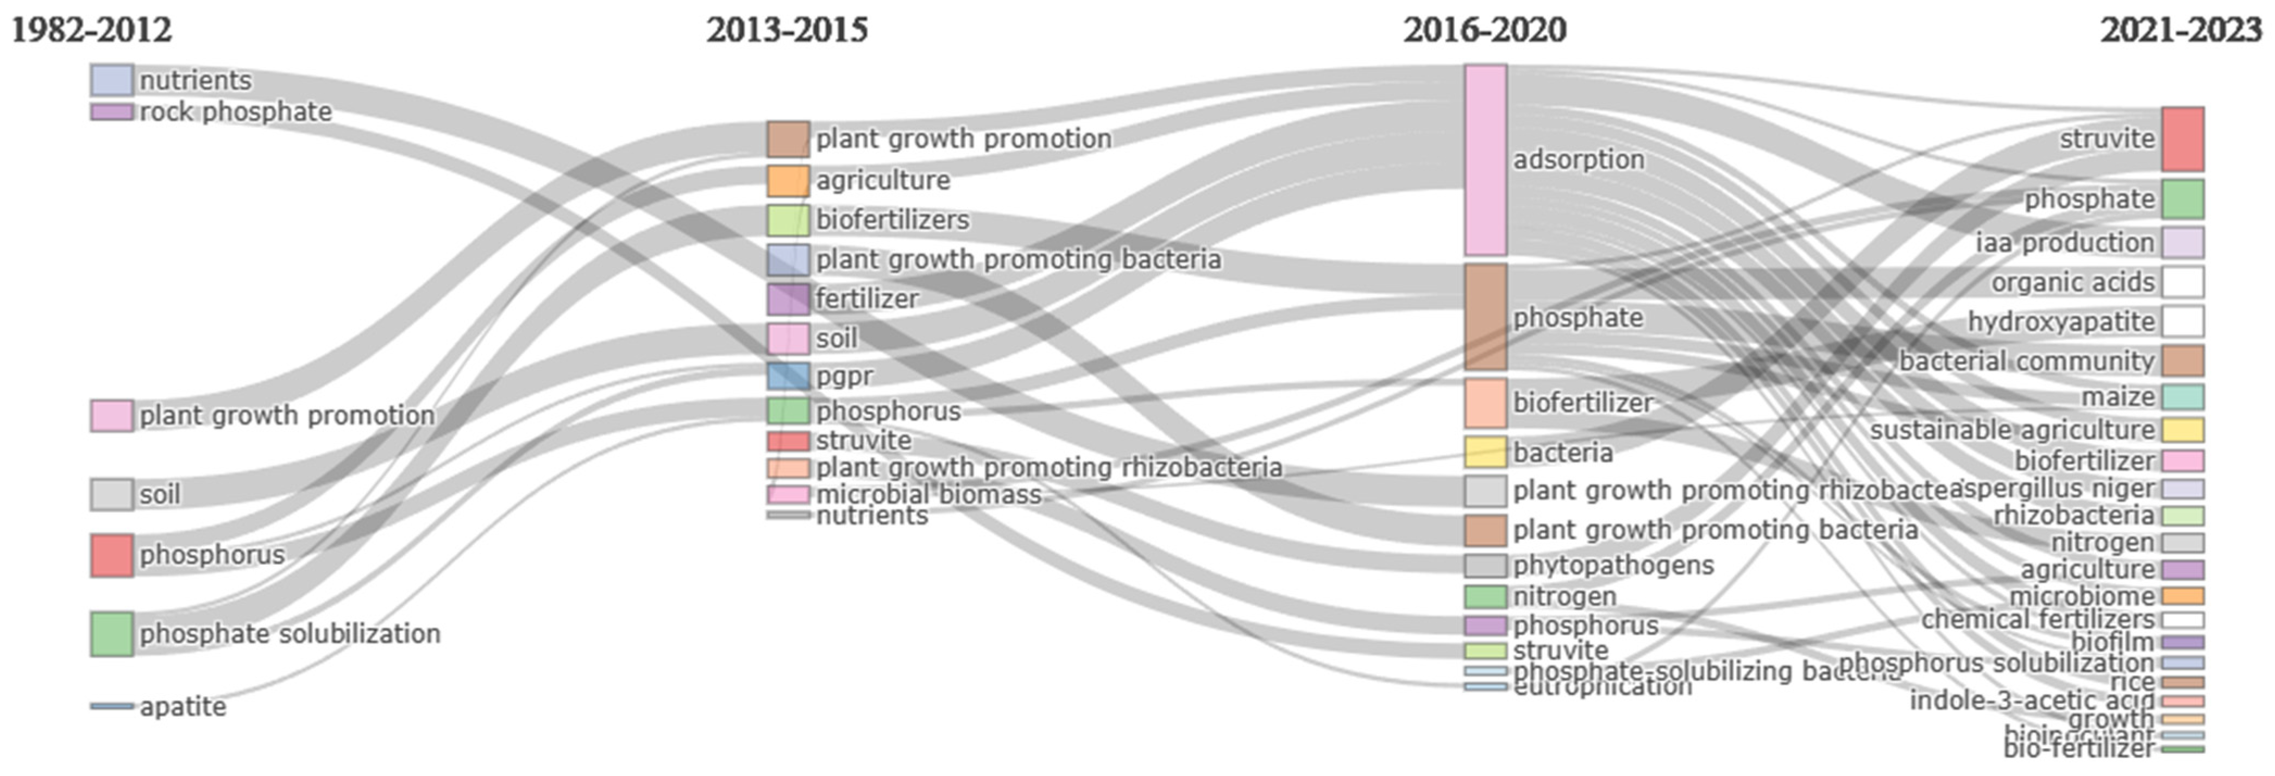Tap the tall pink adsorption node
pyautogui.click(x=1486, y=160)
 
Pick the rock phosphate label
pyautogui.click(x=236, y=112)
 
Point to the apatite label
pyautogui.click(x=183, y=706)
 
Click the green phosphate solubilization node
pyautogui.click(x=112, y=634)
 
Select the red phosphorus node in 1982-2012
pyautogui.click(x=112, y=556)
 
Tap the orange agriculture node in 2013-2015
pyautogui.click(x=788, y=181)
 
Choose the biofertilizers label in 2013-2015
pyautogui.click(x=892, y=220)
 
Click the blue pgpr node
pyautogui.click(x=788, y=376)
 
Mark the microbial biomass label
pyautogui.click(x=928, y=494)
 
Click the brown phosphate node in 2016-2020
pyautogui.click(x=1486, y=317)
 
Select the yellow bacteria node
pyautogui.click(x=1486, y=452)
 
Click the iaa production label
pyautogui.click(x=2065, y=243)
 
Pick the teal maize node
pyautogui.click(x=2182, y=396)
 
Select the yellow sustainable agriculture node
pyautogui.click(x=2182, y=430)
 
